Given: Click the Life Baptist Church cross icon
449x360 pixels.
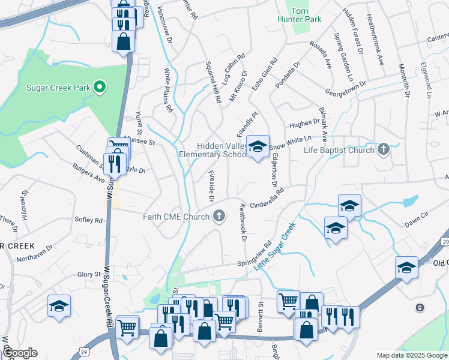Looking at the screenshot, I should coord(384,149).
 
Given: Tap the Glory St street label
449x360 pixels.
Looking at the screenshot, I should coord(88,274).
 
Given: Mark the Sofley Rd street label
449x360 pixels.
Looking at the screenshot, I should coord(88,220).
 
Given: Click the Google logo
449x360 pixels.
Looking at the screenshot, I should coord(20,353).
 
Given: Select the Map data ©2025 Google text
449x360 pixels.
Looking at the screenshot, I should coord(410,355).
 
